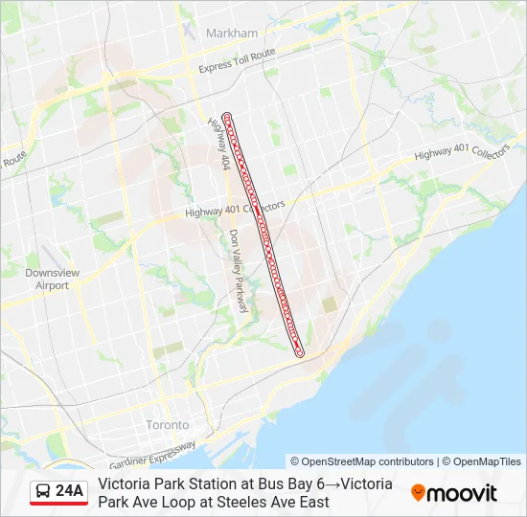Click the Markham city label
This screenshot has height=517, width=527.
click(232, 33)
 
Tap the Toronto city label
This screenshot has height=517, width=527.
click(167, 424)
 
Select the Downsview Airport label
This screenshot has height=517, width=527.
click(46, 279)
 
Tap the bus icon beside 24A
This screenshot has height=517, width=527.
click(44, 492)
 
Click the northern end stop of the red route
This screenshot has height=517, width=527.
click(227, 117)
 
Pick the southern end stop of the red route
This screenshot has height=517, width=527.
click(300, 353)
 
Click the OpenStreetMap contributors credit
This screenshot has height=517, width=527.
click(362, 461)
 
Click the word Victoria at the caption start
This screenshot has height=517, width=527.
click(122, 484)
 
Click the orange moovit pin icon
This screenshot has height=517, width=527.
click(418, 493)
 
